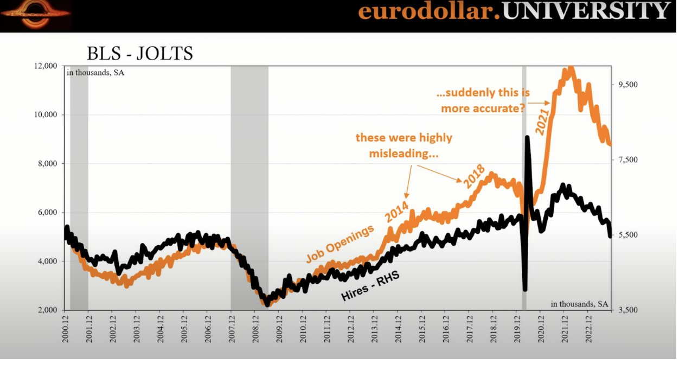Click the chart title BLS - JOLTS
pos(140,54)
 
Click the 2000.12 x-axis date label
pos(65,330)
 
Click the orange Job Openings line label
pos(340,244)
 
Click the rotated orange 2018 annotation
pos(474,176)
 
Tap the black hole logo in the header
pos(36,15)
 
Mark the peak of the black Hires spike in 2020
pos(528,137)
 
